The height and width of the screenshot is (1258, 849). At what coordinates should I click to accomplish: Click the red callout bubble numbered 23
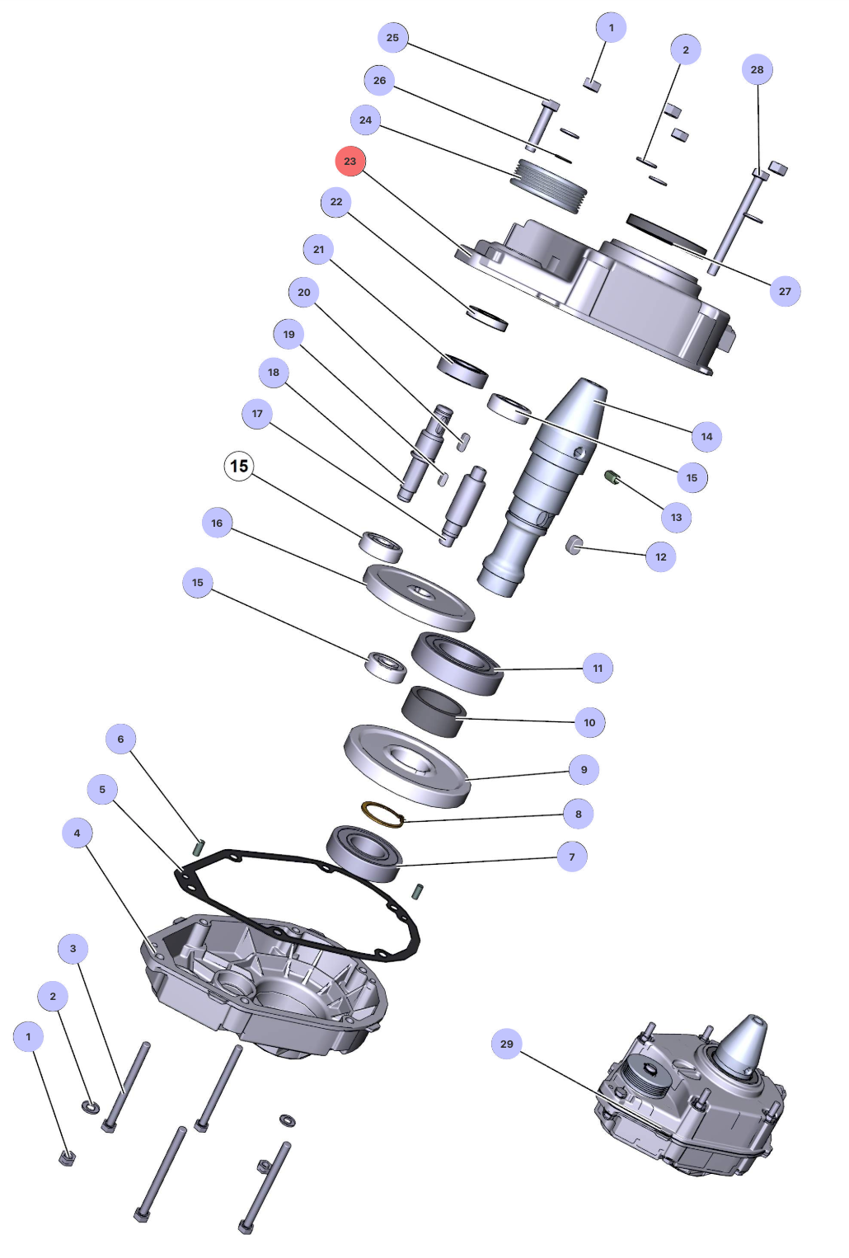pyautogui.click(x=350, y=161)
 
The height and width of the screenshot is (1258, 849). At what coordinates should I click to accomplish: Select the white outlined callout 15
pyautogui.click(x=239, y=467)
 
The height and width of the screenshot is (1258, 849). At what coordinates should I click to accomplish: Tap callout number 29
pyautogui.click(x=506, y=1044)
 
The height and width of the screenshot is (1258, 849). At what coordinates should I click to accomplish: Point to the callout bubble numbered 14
pyautogui.click(x=706, y=436)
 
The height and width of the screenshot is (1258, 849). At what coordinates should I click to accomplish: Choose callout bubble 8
pyautogui.click(x=578, y=814)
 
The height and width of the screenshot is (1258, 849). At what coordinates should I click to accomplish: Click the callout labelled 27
pyautogui.click(x=785, y=291)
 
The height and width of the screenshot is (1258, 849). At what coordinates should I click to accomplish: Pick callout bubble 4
pyautogui.click(x=77, y=833)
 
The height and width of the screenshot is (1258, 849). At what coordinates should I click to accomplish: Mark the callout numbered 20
pyautogui.click(x=304, y=292)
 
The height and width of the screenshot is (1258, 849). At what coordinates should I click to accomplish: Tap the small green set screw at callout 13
pyautogui.click(x=612, y=477)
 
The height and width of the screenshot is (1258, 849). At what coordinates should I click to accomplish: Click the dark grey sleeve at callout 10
pyautogui.click(x=434, y=712)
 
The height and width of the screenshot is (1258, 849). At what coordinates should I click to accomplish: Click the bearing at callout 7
pyautogui.click(x=364, y=853)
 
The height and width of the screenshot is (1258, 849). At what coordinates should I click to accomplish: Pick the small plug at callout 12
pyautogui.click(x=574, y=544)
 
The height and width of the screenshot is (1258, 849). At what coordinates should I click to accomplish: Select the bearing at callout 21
pyautogui.click(x=462, y=370)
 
